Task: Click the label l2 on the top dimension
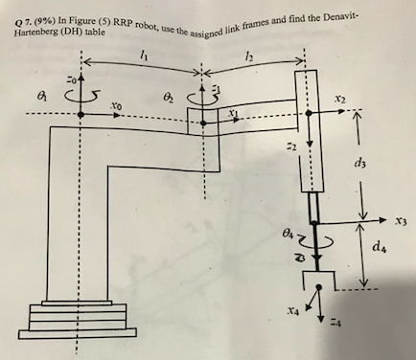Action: click(x=249, y=60)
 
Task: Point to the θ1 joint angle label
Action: click(x=39, y=96)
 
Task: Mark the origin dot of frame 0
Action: click(x=81, y=115)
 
